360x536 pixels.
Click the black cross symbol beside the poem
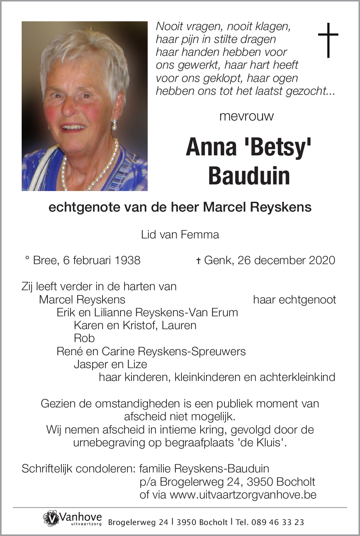click(x=328, y=40)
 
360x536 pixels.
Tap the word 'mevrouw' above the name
click(x=246, y=116)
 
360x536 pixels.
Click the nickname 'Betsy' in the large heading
click(x=278, y=147)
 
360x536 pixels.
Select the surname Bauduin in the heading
click(x=249, y=176)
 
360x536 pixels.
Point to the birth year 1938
click(x=127, y=260)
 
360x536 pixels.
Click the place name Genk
click(x=219, y=260)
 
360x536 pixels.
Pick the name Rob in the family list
click(x=84, y=338)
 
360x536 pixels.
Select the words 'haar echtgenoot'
click(x=294, y=299)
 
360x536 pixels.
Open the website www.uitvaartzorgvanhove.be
click(x=243, y=494)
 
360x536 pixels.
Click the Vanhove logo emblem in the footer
click(x=51, y=518)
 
